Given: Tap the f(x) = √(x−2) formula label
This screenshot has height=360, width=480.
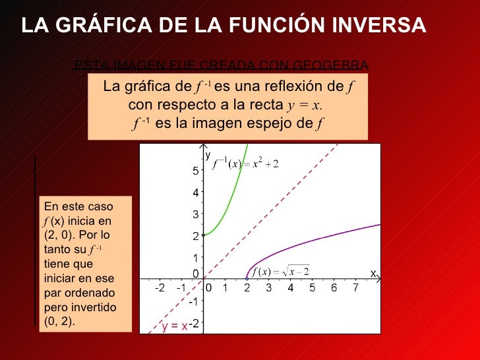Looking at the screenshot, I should [x=280, y=272].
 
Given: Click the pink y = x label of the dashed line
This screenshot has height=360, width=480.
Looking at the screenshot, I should [x=174, y=326].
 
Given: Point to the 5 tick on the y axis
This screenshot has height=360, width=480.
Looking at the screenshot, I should [x=196, y=171].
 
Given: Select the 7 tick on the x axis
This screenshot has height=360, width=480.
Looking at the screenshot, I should [x=355, y=288].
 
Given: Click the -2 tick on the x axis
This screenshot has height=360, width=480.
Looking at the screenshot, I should [x=160, y=288].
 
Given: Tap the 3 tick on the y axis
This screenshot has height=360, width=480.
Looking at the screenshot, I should [x=196, y=215].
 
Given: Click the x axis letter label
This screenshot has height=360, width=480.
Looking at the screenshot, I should [x=373, y=272].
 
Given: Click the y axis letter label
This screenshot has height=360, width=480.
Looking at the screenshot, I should [x=207, y=156].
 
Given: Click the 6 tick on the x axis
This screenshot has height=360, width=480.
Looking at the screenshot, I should [x=334, y=288].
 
